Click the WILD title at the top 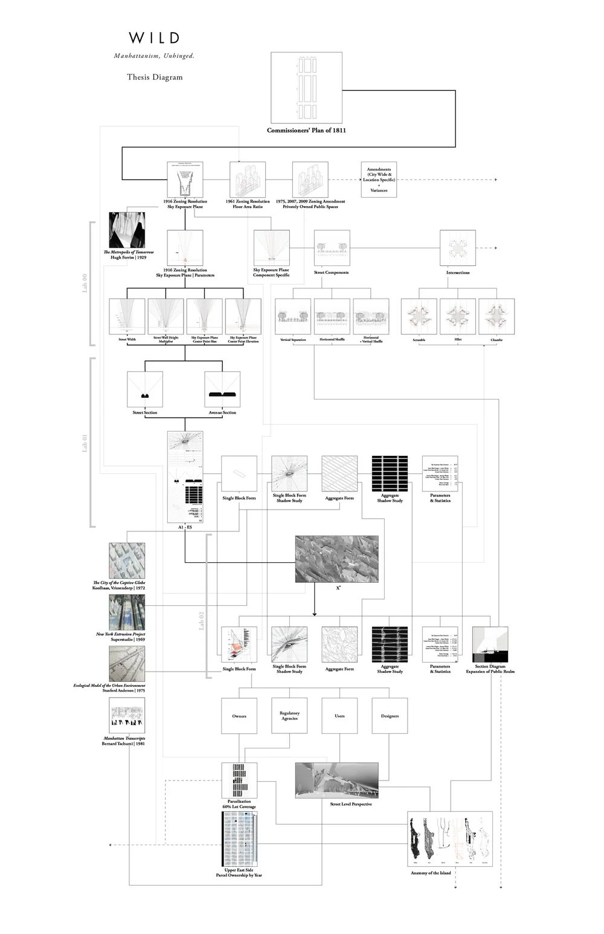click(x=154, y=38)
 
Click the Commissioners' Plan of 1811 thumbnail click(x=306, y=88)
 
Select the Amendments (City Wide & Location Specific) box click(x=379, y=180)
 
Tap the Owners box click(x=239, y=716)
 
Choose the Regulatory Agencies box click(x=289, y=716)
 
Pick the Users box click(x=339, y=716)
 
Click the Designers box click(x=390, y=716)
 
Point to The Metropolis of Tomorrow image click(x=127, y=230)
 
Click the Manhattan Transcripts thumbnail click(x=127, y=716)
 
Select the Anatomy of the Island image click(x=450, y=839)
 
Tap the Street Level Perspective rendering click(x=336, y=780)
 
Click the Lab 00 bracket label click(x=85, y=284)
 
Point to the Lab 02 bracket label click(x=202, y=621)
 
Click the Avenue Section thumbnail click(x=222, y=389)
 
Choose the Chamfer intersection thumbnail click(x=496, y=316)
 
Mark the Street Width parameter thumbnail click(x=127, y=316)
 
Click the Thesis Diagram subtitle click(x=155, y=77)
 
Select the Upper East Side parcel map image click(x=240, y=839)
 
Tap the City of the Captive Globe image click(x=127, y=560)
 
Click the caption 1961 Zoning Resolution click(x=248, y=201)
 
